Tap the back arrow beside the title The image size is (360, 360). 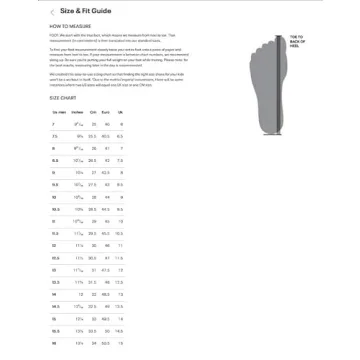[x=51, y=9]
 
